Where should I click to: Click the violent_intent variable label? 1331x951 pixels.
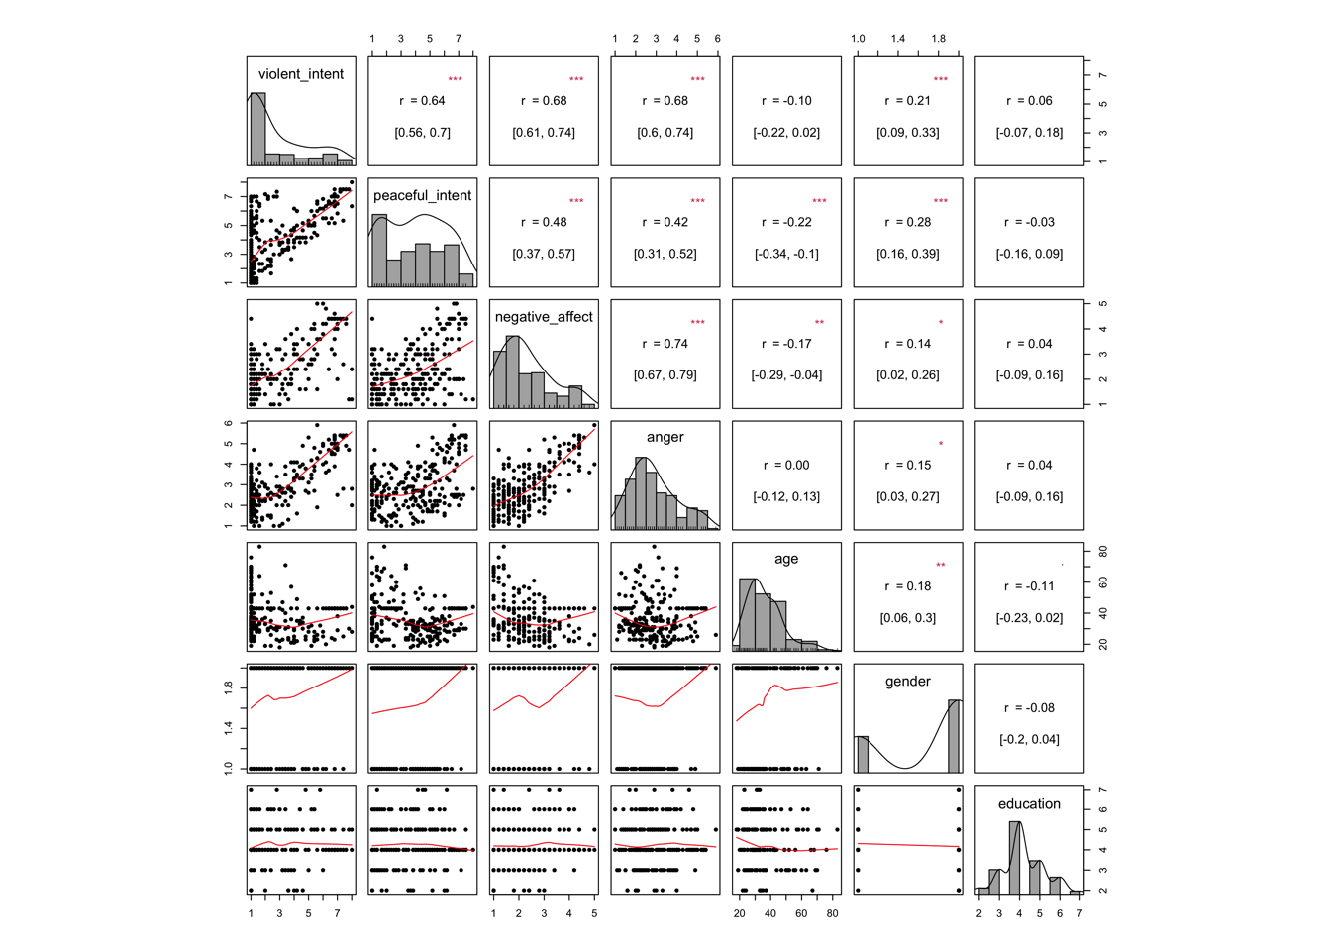[x=301, y=74]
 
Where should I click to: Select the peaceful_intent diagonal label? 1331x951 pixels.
[x=422, y=195]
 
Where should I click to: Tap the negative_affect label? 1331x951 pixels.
[x=544, y=317]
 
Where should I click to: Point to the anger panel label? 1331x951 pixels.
[x=665, y=437]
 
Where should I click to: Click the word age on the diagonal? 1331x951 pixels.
[x=786, y=559]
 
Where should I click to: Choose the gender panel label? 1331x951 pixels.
[x=908, y=682]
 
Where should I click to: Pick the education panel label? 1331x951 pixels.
[x=1029, y=804]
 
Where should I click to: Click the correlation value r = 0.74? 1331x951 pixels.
[x=665, y=344]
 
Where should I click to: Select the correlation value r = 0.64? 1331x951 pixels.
[x=423, y=101]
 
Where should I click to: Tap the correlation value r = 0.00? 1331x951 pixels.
[x=786, y=466]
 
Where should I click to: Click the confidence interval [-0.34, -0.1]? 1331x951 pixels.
[x=786, y=254]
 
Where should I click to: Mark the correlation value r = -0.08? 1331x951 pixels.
[x=1029, y=708]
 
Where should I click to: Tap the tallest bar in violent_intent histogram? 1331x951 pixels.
[x=258, y=129]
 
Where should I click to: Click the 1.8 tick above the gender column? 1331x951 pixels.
[x=938, y=39]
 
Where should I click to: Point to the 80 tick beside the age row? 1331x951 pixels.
[x=1102, y=552]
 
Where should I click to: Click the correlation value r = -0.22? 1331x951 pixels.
[x=786, y=223]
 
